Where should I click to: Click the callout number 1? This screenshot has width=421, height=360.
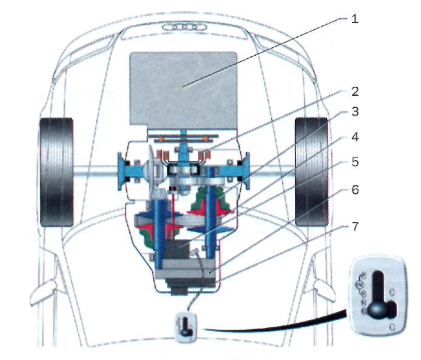click(x=355, y=19)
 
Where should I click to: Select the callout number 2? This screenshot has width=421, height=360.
click(x=355, y=92)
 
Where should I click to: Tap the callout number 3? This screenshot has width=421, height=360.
click(x=355, y=112)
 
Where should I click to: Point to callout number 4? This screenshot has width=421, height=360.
click(x=355, y=137)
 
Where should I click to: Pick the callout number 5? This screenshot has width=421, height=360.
click(x=355, y=162)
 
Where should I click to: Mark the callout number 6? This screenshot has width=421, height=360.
click(x=355, y=190)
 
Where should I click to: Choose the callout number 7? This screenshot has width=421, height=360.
click(x=355, y=227)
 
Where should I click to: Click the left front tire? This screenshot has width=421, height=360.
click(x=56, y=172)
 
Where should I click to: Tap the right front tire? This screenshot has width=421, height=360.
click(x=311, y=172)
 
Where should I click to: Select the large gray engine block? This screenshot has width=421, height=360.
click(x=183, y=90)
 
